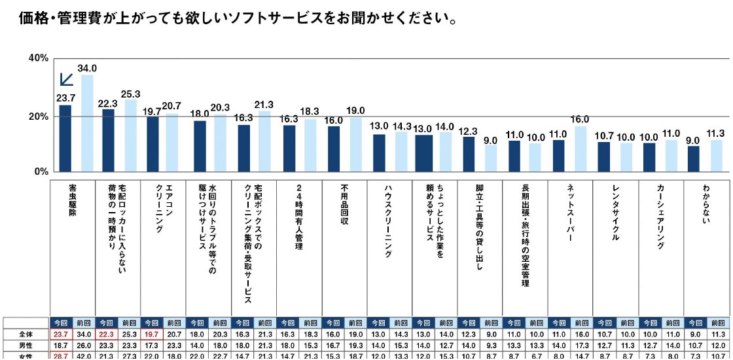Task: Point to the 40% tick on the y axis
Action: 38,58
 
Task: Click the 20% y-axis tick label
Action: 38,117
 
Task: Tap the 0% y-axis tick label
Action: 41,171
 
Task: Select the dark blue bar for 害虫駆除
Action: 65,138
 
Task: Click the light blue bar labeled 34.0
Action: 87,123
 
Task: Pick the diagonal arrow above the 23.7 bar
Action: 66,79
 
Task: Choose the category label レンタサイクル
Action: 615,213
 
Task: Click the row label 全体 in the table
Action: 26,334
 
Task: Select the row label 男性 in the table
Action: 26,345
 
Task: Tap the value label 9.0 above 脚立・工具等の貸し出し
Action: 491,139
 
